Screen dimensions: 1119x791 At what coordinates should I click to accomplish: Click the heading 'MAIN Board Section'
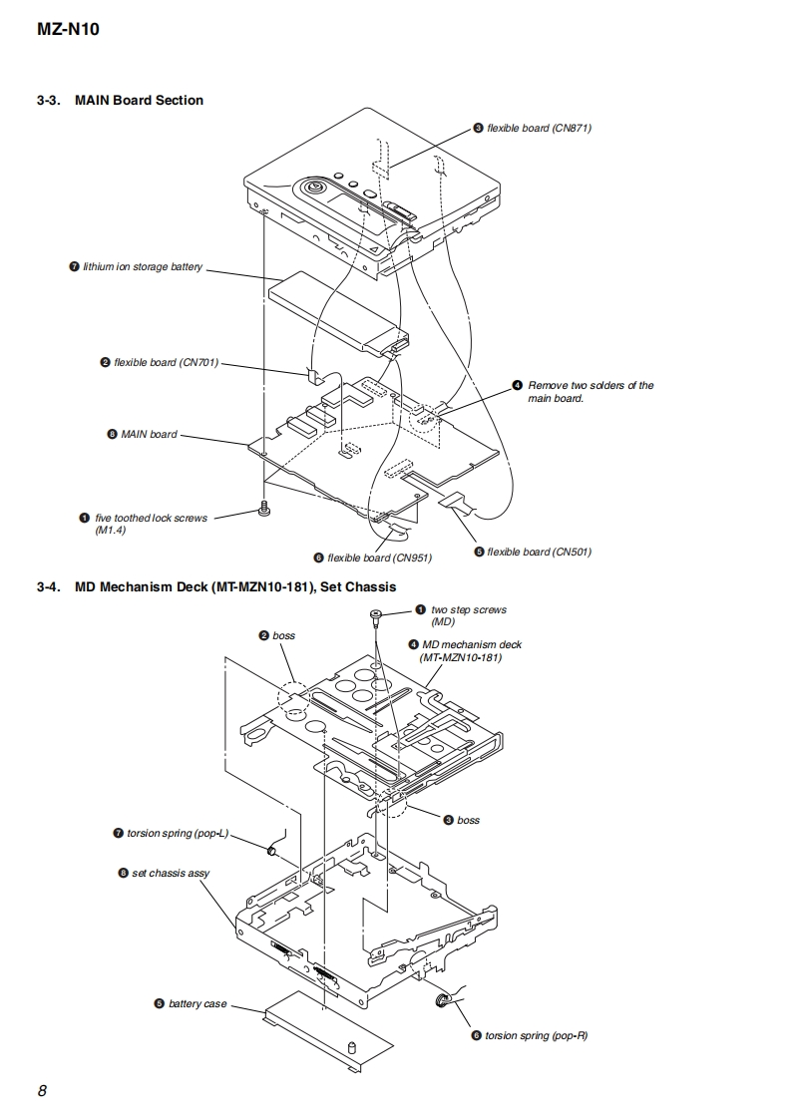point(139,100)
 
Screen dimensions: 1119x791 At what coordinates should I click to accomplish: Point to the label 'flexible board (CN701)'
point(166,362)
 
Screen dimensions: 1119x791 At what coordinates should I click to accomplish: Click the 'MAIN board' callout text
point(149,434)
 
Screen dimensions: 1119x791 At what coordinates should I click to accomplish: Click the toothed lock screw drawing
point(265,509)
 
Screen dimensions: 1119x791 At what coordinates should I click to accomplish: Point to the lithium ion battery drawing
point(334,314)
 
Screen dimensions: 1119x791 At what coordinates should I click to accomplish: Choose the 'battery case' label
point(198,1003)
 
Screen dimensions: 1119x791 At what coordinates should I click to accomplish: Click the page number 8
point(42,1090)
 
